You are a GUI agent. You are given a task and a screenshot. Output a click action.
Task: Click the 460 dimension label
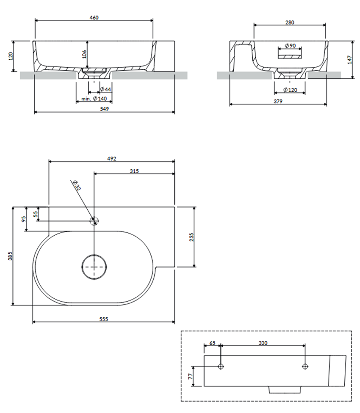tap(94, 18)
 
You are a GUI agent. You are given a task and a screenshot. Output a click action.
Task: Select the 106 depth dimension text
tap(84, 54)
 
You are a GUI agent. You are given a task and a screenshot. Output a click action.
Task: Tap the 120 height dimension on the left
tap(11, 56)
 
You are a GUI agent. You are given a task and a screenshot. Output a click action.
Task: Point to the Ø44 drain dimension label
tap(106, 89)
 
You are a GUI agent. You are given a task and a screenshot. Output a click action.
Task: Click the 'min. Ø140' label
tap(94, 99)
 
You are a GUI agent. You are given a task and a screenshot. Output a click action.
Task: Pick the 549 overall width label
tap(104, 109)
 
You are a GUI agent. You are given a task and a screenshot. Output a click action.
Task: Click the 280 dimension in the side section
tap(290, 23)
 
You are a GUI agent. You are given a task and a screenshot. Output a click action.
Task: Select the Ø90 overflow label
tap(290, 46)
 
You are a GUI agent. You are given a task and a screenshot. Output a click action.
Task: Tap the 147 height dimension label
tap(350, 60)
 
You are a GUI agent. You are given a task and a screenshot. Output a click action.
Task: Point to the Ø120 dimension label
tap(290, 90)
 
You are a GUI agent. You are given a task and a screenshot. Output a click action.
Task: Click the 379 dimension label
tap(278, 102)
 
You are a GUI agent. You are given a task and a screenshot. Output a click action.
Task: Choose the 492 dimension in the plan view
tap(111, 159)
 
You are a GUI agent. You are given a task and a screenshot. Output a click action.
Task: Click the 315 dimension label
tap(134, 171)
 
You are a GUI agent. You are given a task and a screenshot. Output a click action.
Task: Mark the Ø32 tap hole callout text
tap(77, 185)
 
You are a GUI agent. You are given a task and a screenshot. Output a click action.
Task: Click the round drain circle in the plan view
tap(94, 255)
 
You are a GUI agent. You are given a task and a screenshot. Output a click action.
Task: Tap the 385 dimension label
tap(10, 256)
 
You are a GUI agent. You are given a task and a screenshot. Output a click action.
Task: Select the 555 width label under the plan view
tap(104, 319)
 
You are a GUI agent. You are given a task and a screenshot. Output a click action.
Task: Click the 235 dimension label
tap(191, 237)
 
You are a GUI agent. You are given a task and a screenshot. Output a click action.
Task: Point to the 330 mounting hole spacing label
tap(263, 343)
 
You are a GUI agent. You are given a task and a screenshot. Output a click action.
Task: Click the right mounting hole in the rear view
tap(305, 366)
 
